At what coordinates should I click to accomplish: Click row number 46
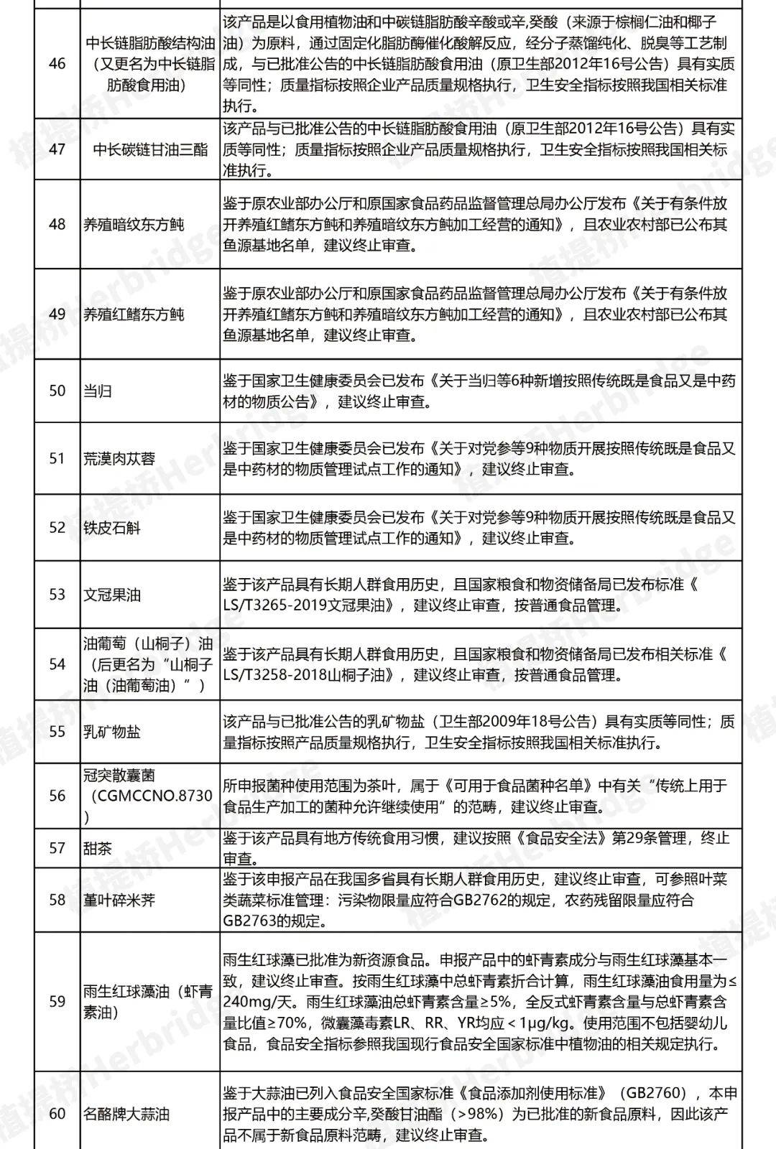click(57, 64)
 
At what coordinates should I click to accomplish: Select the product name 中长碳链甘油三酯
click(150, 149)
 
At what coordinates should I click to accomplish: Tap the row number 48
click(57, 224)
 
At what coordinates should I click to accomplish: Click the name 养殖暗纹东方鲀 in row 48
click(134, 224)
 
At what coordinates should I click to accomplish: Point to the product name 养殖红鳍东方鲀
click(134, 315)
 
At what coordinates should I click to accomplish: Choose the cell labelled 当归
click(98, 391)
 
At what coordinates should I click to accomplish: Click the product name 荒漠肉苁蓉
click(119, 459)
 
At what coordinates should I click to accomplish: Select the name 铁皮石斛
click(112, 528)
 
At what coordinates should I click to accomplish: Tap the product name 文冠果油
click(112, 595)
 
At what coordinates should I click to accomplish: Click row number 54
click(57, 664)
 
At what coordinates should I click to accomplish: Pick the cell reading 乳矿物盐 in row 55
click(112, 732)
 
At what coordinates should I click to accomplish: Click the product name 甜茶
click(98, 848)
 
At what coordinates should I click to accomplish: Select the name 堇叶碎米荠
click(119, 900)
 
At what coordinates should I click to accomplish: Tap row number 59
click(57, 1001)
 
